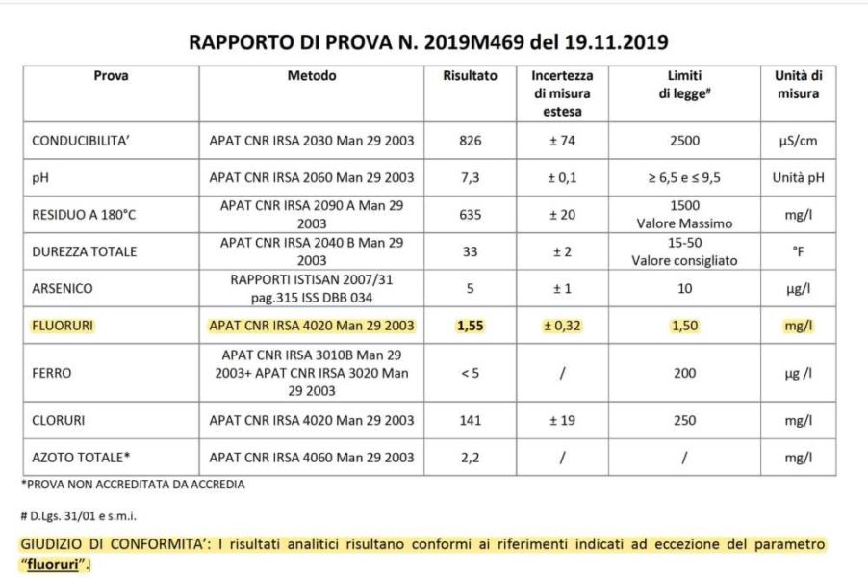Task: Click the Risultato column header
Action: [471, 76]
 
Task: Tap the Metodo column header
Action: [312, 76]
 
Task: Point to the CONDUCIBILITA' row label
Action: [82, 141]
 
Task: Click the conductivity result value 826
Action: [471, 141]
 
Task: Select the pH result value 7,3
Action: [471, 177]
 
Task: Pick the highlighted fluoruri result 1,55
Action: [471, 326]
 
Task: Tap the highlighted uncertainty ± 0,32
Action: [562, 326]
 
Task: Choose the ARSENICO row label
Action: [64, 288]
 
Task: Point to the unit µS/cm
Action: [797, 141]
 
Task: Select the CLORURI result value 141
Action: [471, 420]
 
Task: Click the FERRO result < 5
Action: [471, 373]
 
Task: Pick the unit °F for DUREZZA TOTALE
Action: [797, 251]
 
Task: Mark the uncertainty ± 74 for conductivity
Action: [562, 141]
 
